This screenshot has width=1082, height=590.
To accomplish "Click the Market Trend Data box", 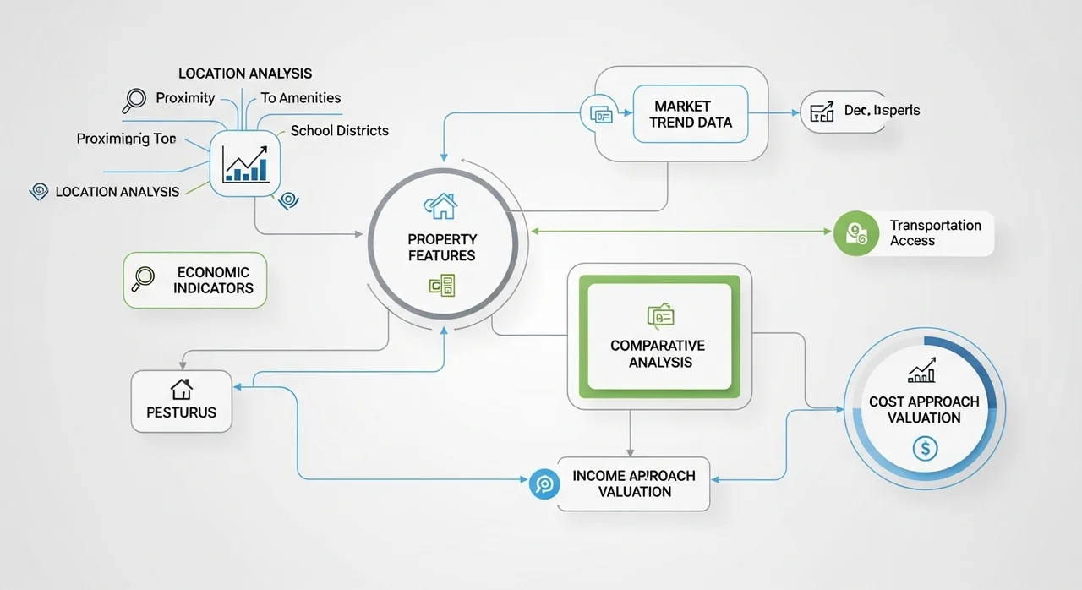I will tap(691, 114).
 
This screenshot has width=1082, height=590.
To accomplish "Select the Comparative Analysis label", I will tap(657, 354).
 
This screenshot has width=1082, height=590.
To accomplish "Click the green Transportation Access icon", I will tap(850, 233).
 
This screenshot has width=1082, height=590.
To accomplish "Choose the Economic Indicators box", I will tap(194, 280).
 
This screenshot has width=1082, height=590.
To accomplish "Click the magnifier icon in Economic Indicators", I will tap(144, 278).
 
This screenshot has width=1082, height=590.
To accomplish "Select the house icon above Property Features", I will tap(441, 205).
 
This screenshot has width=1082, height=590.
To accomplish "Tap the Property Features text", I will tap(441, 247).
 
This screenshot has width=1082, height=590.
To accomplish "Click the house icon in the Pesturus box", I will tap(181, 389).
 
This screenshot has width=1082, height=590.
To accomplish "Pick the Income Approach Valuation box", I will tap(633, 483).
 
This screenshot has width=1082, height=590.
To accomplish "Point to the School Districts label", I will tap(339, 131).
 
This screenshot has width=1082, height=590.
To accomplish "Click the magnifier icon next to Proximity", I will tap(134, 101).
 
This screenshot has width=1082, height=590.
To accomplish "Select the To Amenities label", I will tap(301, 98).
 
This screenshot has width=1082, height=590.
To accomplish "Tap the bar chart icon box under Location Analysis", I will tap(244, 162).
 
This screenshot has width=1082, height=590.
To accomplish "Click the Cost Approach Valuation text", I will tap(924, 410).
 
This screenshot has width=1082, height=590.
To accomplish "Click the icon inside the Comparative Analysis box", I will tap(659, 316).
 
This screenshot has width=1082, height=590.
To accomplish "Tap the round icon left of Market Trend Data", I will tap(597, 114).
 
